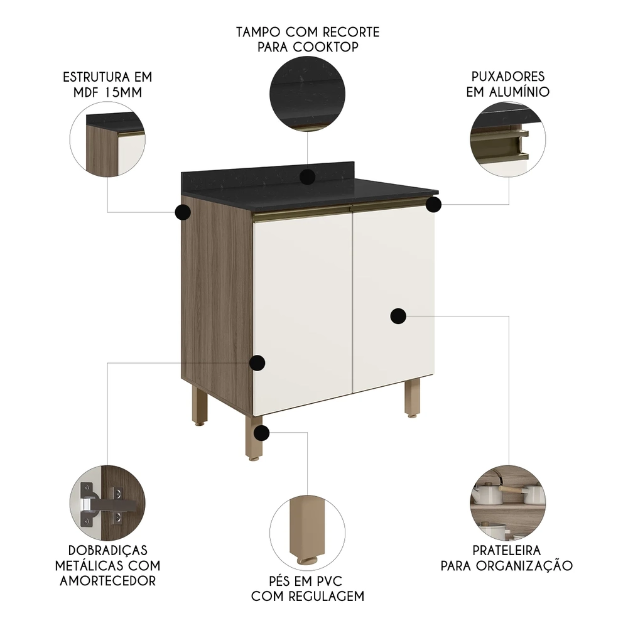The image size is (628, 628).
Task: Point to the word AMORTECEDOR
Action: coord(107,580)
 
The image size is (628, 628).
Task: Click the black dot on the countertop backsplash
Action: coord(307,176)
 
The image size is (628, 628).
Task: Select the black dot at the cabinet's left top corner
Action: coord(182,212)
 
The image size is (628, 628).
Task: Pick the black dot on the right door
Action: coord(398,317)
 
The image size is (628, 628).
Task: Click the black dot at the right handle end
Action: coord(433,205)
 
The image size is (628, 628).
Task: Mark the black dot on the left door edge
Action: coord(257,362)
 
